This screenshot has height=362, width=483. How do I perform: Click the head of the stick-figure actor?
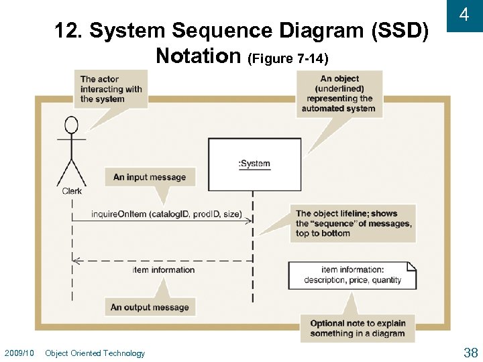[x=71, y=125]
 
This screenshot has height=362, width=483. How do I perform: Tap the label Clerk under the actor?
[x=72, y=191]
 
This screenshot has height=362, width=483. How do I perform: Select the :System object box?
[x=254, y=164]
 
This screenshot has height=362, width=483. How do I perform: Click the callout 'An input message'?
[x=150, y=177]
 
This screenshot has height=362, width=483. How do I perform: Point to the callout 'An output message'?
[x=150, y=307]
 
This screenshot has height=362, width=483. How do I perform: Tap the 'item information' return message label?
[x=164, y=269]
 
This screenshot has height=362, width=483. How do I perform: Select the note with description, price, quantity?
[x=352, y=275]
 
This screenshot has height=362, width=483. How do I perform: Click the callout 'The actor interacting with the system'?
[x=111, y=89]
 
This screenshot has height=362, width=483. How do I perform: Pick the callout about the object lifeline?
[x=354, y=223]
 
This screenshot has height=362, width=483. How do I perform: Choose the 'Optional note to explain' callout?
[x=358, y=328]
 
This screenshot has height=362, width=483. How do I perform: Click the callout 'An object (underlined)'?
[x=339, y=94]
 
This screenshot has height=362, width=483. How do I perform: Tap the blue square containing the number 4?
[x=464, y=15]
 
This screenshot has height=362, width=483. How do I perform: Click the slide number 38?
[x=470, y=353]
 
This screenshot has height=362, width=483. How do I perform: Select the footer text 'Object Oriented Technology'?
[x=95, y=353]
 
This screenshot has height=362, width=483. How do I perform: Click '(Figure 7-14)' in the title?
[x=288, y=59]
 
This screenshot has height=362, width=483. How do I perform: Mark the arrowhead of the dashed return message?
[x=76, y=260]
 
